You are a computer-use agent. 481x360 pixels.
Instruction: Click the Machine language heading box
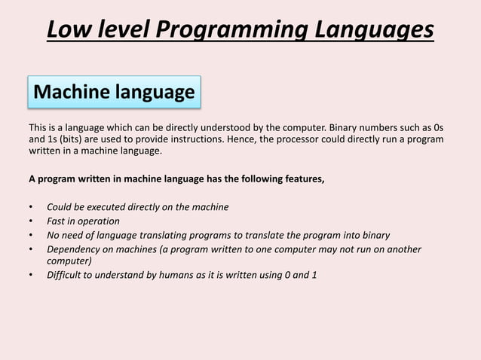[x=115, y=93]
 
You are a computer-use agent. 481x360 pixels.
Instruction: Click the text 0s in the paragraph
[x=437, y=127]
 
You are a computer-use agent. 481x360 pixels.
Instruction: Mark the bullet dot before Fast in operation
[x=31, y=221]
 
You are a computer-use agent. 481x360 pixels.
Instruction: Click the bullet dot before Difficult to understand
[x=31, y=275]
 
